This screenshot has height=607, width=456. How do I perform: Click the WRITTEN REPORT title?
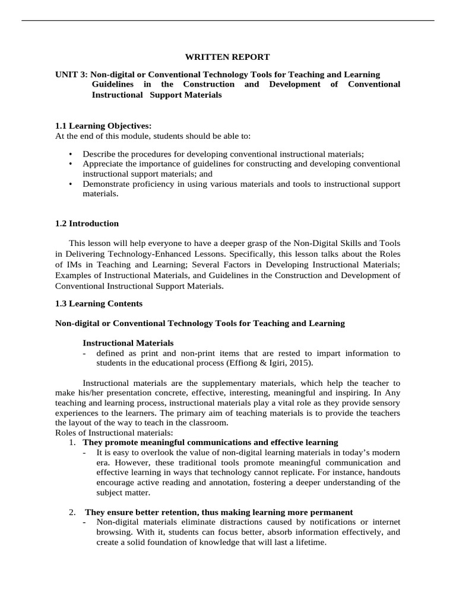coord(227,57)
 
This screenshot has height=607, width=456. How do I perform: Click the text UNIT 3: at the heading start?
coord(71,74)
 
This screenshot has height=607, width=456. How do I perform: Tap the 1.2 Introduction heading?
coord(87,223)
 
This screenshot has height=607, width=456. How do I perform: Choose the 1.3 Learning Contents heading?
coord(99,303)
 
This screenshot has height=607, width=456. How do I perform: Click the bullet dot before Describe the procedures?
coord(71,154)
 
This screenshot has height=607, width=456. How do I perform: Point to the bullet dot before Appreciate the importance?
coord(71,164)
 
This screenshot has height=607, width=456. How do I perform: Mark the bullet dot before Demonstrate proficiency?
coord(71,184)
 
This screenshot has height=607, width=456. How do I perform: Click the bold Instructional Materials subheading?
coord(128,343)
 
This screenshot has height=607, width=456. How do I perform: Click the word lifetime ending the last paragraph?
coord(310,542)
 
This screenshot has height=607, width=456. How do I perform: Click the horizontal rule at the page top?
coord(227,21)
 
